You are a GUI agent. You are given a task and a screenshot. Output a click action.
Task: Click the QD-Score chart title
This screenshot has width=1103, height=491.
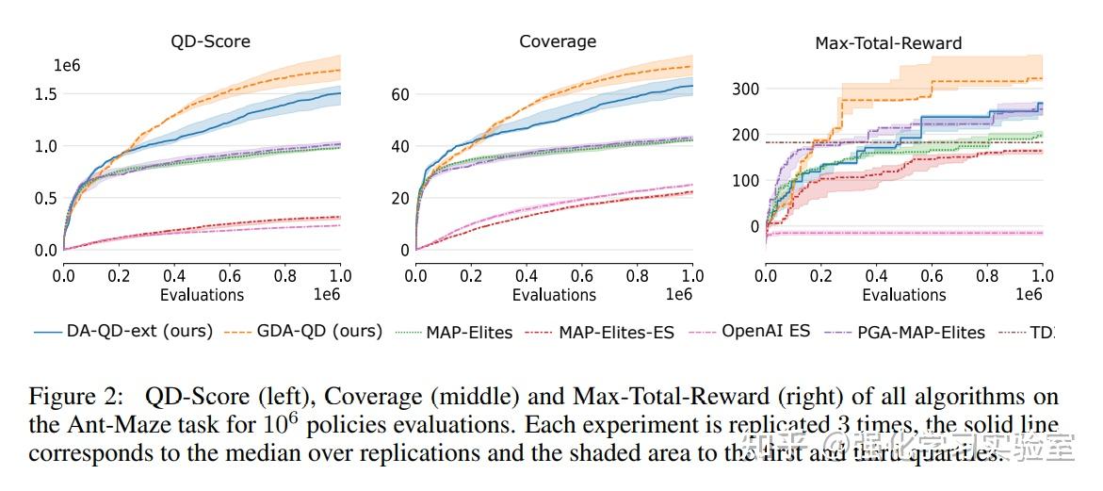pyautogui.click(x=210, y=41)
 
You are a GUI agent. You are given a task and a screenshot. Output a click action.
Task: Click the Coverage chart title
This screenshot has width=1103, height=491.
pyautogui.click(x=558, y=41)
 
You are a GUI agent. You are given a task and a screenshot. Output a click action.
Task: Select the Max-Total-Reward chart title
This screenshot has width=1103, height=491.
pyautogui.click(x=888, y=43)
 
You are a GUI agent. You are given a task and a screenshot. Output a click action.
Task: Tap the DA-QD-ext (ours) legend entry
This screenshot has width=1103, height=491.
pyautogui.click(x=123, y=332)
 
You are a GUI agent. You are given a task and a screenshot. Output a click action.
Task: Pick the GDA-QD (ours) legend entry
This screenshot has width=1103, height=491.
pyautogui.click(x=307, y=332)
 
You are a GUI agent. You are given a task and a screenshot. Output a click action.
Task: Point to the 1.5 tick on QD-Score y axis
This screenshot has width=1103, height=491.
pyautogui.click(x=45, y=94)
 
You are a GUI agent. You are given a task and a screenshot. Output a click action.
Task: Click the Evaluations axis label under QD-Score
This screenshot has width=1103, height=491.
pyautogui.click(x=202, y=295)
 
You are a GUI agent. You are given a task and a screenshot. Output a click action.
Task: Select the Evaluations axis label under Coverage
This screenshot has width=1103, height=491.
pyautogui.click(x=554, y=295)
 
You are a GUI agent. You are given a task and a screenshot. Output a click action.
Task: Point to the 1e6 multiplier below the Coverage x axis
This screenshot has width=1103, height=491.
pyautogui.click(x=678, y=295)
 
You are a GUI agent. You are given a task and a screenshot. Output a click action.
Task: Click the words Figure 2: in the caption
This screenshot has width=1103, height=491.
pyautogui.click(x=68, y=397)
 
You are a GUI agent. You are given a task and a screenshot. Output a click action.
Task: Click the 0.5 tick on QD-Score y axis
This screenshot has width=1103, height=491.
pyautogui.click(x=45, y=199)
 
